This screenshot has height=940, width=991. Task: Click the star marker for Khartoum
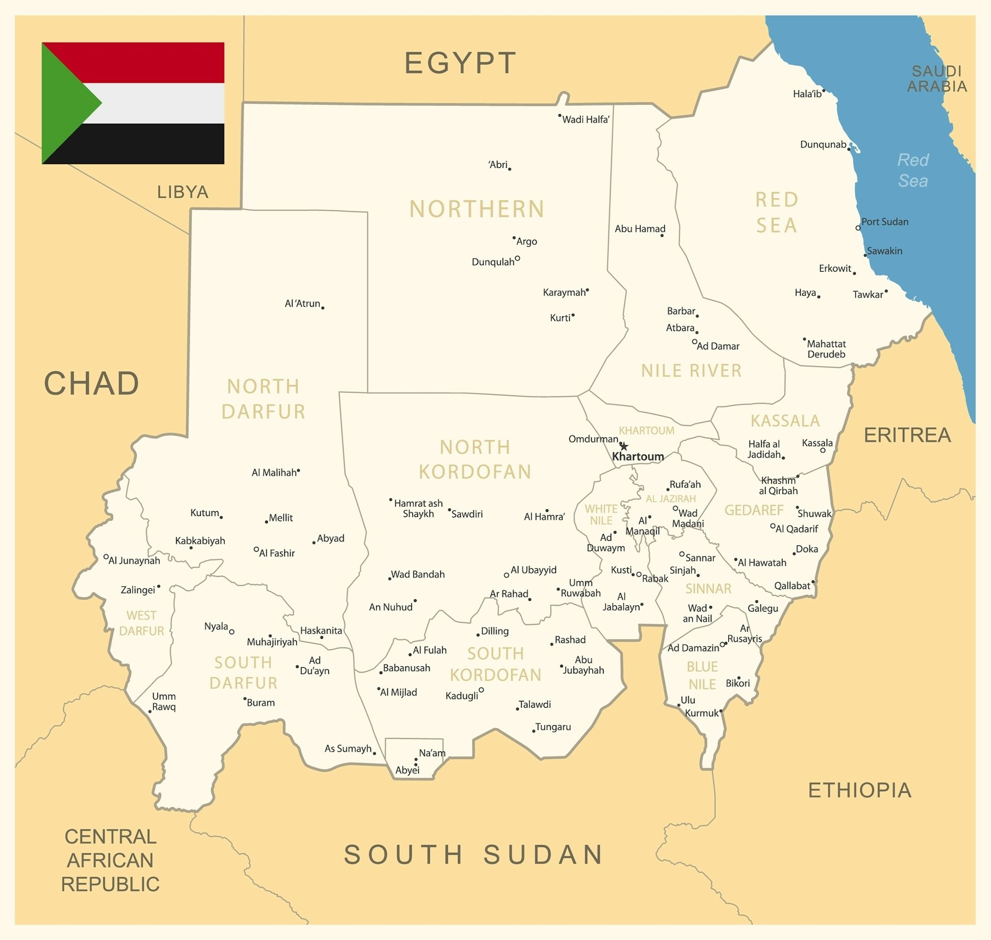624,446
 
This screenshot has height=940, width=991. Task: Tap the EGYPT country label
460,63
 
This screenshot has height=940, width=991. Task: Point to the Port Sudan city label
885,222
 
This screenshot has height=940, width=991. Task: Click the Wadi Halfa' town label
586,119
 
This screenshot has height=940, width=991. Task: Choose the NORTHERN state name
477,209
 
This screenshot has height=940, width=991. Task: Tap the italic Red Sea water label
913,170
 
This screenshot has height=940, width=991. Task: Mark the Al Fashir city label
277,553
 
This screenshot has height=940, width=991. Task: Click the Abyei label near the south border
407,770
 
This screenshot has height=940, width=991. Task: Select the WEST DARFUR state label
141,623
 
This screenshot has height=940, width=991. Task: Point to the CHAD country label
91,383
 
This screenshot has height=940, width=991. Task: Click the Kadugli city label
461,696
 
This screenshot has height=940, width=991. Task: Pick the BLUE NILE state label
702,676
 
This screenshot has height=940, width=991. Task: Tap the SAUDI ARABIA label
936,79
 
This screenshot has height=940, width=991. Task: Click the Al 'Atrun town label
302,304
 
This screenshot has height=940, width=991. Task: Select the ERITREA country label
907,435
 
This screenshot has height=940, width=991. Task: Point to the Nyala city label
216,626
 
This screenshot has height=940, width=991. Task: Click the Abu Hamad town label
640,229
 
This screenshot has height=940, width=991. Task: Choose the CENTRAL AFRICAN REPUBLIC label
110,860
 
